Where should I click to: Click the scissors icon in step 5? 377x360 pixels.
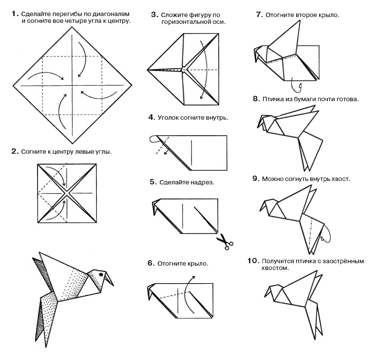point(225,241)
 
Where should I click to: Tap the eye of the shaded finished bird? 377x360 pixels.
point(101,274)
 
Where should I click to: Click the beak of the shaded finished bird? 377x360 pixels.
point(111,280)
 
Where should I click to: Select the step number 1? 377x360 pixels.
point(15,14)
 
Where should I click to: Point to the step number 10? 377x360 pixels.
point(252,261)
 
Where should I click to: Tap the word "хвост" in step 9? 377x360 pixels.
point(340,179)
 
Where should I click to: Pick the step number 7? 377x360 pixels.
point(259,15)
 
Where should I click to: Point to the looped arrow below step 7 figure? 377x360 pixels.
point(294,86)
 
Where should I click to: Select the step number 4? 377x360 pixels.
point(151,117)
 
